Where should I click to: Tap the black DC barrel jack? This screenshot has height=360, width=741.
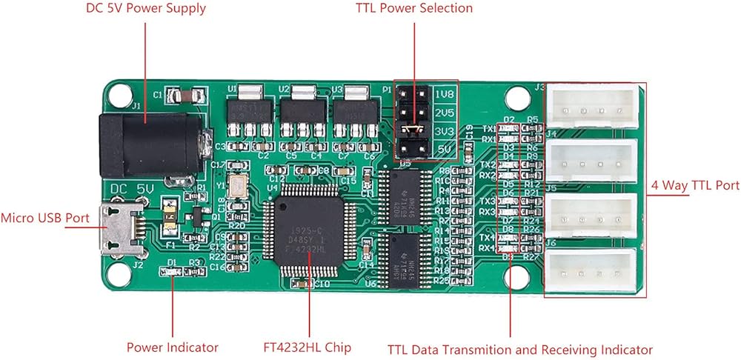click(x=152, y=144)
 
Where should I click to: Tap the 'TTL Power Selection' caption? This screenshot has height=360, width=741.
click(x=414, y=8)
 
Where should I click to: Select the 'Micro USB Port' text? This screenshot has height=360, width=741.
click(x=45, y=219)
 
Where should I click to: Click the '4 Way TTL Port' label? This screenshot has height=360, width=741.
click(x=695, y=185)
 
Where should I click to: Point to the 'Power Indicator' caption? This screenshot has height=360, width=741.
click(x=173, y=347)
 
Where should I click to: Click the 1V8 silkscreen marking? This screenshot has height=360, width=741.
click(x=444, y=96)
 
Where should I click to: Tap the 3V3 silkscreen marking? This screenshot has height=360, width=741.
click(x=444, y=131)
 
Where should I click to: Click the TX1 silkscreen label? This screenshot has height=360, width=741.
click(x=488, y=128)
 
